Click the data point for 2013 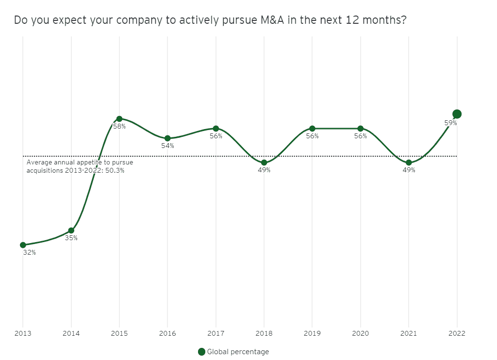tap(23, 245)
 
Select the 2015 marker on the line tap(119, 118)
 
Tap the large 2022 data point tap(457, 114)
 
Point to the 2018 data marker tap(264, 163)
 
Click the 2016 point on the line tap(167, 138)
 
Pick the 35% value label tap(71, 238)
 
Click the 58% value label tap(119, 126)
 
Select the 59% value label tap(450, 123)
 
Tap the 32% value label tap(29, 252)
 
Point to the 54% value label tap(167, 146)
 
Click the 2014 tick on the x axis tap(71, 333)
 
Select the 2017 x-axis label tap(216, 333)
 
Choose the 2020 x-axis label tap(361, 333)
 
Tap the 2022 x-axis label tap(457, 333)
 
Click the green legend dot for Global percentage tap(201, 352)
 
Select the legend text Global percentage tap(238, 352)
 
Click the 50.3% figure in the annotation tap(115, 170)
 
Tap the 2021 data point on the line tap(409, 163)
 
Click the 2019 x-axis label tap(312, 333)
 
